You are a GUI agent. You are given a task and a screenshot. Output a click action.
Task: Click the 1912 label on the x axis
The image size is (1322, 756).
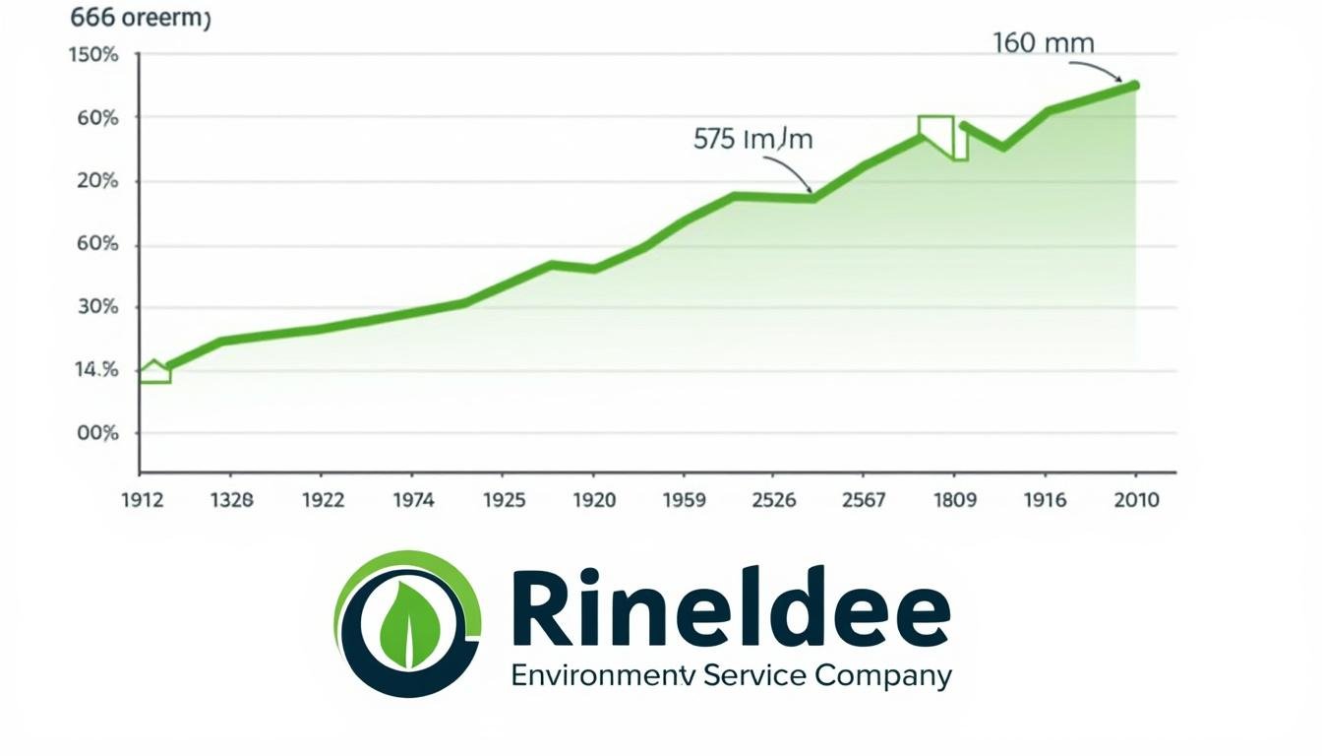pyautogui.click(x=140, y=500)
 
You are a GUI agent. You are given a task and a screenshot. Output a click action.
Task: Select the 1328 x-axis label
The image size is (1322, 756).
pyautogui.click(x=231, y=500)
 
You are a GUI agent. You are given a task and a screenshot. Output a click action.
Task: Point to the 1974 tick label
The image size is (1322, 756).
pyautogui.click(x=413, y=500)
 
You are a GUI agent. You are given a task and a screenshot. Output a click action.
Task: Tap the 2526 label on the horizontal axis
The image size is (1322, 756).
pyautogui.click(x=773, y=500)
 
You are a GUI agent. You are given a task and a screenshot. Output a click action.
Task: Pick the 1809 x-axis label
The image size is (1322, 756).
pyautogui.click(x=953, y=500)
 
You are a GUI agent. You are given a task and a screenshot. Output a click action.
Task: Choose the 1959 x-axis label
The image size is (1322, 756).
pyautogui.click(x=684, y=500)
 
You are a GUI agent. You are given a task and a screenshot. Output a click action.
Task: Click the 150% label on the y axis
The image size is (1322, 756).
pyautogui.click(x=93, y=55)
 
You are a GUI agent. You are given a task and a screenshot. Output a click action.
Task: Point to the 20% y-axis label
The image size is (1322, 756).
pyautogui.click(x=96, y=181)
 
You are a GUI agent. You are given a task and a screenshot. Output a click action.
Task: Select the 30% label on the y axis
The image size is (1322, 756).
pyautogui.click(x=96, y=307)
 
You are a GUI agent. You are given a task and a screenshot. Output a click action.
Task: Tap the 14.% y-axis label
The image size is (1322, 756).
pyautogui.click(x=96, y=370)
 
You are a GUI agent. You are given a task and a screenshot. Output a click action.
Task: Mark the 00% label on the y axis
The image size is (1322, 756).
pyautogui.click(x=96, y=433)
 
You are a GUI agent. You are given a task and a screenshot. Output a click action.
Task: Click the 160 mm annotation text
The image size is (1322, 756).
pyautogui.click(x=1043, y=43)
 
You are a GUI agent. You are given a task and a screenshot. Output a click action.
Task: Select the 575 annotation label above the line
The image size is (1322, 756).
pyautogui.click(x=752, y=139)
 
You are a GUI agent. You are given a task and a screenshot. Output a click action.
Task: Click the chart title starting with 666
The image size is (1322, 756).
pyautogui.click(x=141, y=21)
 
